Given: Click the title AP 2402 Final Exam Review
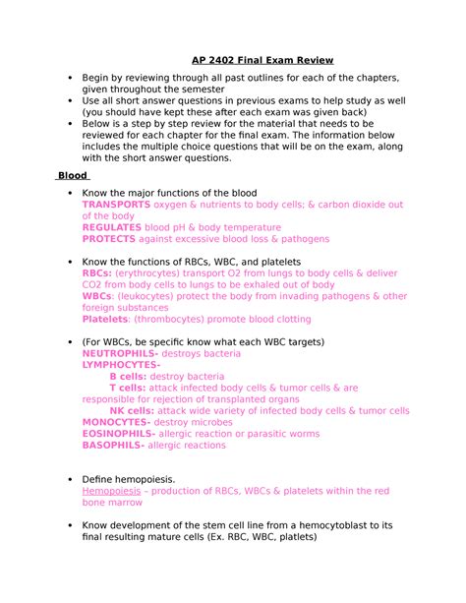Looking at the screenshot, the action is click(262, 60).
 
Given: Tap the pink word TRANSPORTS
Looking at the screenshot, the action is click(116, 205).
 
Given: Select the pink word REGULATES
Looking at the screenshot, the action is click(112, 226).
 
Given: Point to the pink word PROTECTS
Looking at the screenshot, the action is click(110, 238).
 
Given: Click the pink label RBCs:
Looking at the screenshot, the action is click(96, 273).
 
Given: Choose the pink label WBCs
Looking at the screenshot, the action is click(96, 296).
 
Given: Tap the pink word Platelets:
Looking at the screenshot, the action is click(105, 319).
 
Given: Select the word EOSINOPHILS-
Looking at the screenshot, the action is click(118, 433).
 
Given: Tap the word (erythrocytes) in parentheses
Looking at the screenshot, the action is click(153, 273).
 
